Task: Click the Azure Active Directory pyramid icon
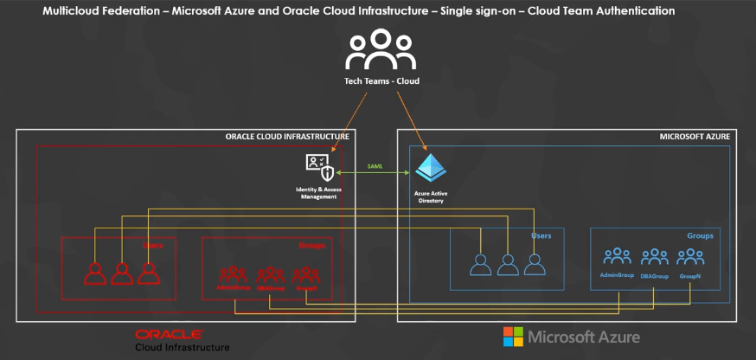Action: coord(430,166)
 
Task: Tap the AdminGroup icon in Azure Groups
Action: coord(617,257)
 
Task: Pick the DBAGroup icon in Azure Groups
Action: coord(654,257)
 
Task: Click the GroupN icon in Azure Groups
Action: coord(690,257)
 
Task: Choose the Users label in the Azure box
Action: coord(541,235)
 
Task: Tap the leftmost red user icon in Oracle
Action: coord(94,273)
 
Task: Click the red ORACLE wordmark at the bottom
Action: coord(169,333)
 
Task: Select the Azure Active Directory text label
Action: coord(430,196)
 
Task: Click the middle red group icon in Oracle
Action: coord(270,274)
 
